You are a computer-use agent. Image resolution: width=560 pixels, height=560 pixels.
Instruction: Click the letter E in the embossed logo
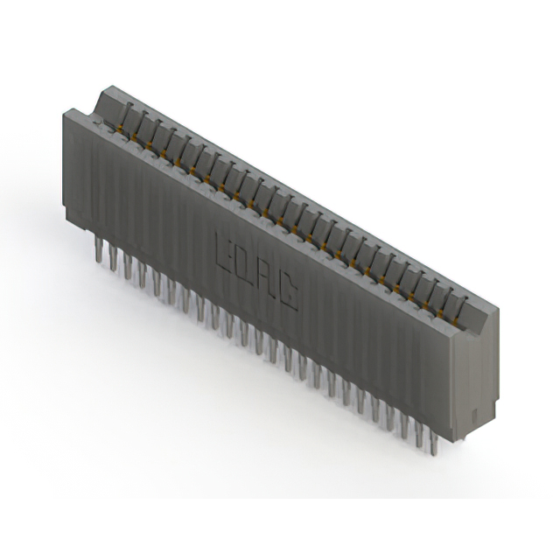coord(223,248)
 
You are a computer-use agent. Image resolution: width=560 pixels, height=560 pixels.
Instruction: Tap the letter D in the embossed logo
coord(246,262)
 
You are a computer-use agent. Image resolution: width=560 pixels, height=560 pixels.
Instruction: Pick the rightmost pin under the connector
coord(432,442)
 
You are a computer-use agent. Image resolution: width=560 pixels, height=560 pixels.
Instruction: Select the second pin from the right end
coord(418,434)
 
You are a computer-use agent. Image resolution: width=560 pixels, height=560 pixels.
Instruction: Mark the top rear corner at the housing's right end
coord(497,307)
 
